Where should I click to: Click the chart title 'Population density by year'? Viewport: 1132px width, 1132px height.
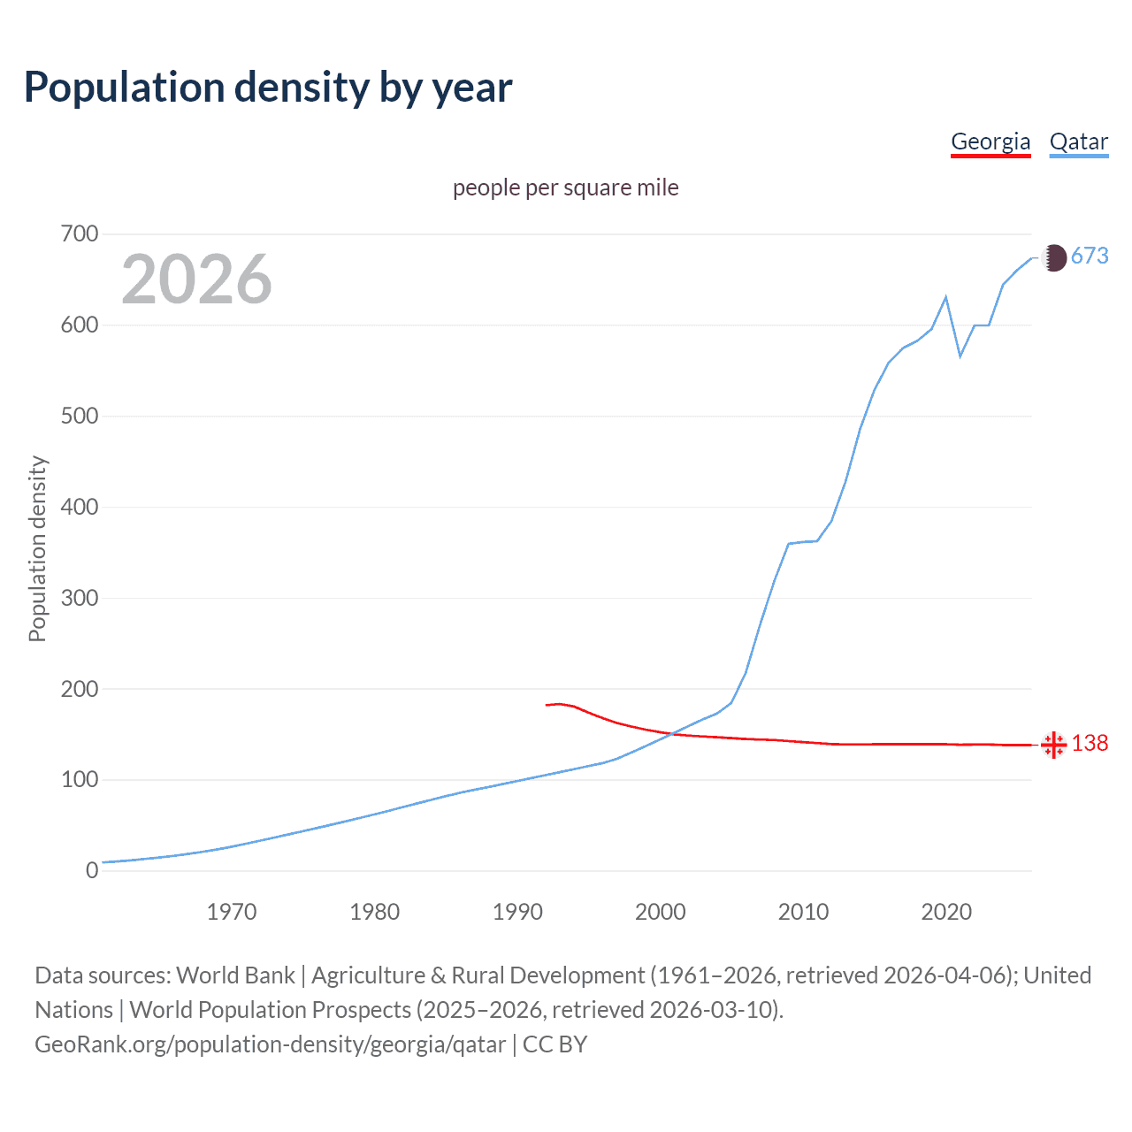click(x=268, y=88)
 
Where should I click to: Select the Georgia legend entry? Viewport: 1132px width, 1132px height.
click(x=990, y=141)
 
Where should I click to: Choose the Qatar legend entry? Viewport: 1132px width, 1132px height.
click(x=1078, y=141)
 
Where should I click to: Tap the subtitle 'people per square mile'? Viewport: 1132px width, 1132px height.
click(x=565, y=187)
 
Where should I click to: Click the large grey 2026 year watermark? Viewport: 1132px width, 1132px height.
click(x=196, y=279)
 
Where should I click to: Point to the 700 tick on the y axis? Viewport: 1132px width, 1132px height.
click(x=79, y=234)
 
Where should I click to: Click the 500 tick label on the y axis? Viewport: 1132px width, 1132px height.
click(x=79, y=416)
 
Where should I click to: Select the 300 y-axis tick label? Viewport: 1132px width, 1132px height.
click(x=79, y=598)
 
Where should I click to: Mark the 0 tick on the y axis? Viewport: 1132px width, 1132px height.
click(x=92, y=870)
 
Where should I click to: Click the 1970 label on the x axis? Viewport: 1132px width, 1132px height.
click(x=232, y=912)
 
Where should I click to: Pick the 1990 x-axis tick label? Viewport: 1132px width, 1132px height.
click(x=517, y=912)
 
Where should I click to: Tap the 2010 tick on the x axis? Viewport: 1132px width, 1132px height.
click(x=803, y=912)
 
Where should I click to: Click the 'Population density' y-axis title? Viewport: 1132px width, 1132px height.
click(x=37, y=548)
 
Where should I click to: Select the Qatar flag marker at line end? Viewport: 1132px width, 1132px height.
click(x=1053, y=257)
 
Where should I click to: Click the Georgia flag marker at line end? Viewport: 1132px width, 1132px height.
click(x=1053, y=745)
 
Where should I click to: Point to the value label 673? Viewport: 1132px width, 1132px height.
click(x=1090, y=256)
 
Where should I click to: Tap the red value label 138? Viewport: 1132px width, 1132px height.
click(x=1090, y=744)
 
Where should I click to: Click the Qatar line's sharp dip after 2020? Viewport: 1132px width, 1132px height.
click(x=960, y=356)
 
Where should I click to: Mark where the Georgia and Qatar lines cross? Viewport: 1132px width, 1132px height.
click(x=669, y=733)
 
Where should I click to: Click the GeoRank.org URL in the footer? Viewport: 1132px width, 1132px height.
click(x=271, y=1044)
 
